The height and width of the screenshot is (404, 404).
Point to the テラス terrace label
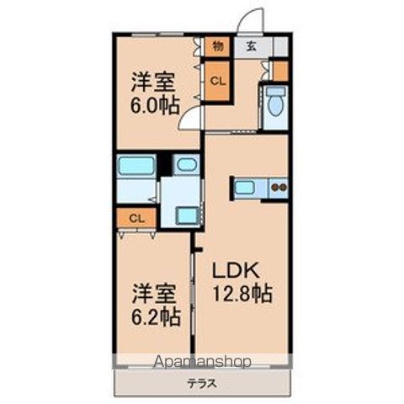coord(202,384)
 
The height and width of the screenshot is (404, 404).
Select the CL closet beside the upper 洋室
coord(217,82)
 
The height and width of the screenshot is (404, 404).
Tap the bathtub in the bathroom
coord(136,165)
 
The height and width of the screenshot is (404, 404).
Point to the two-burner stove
coord(279,187)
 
